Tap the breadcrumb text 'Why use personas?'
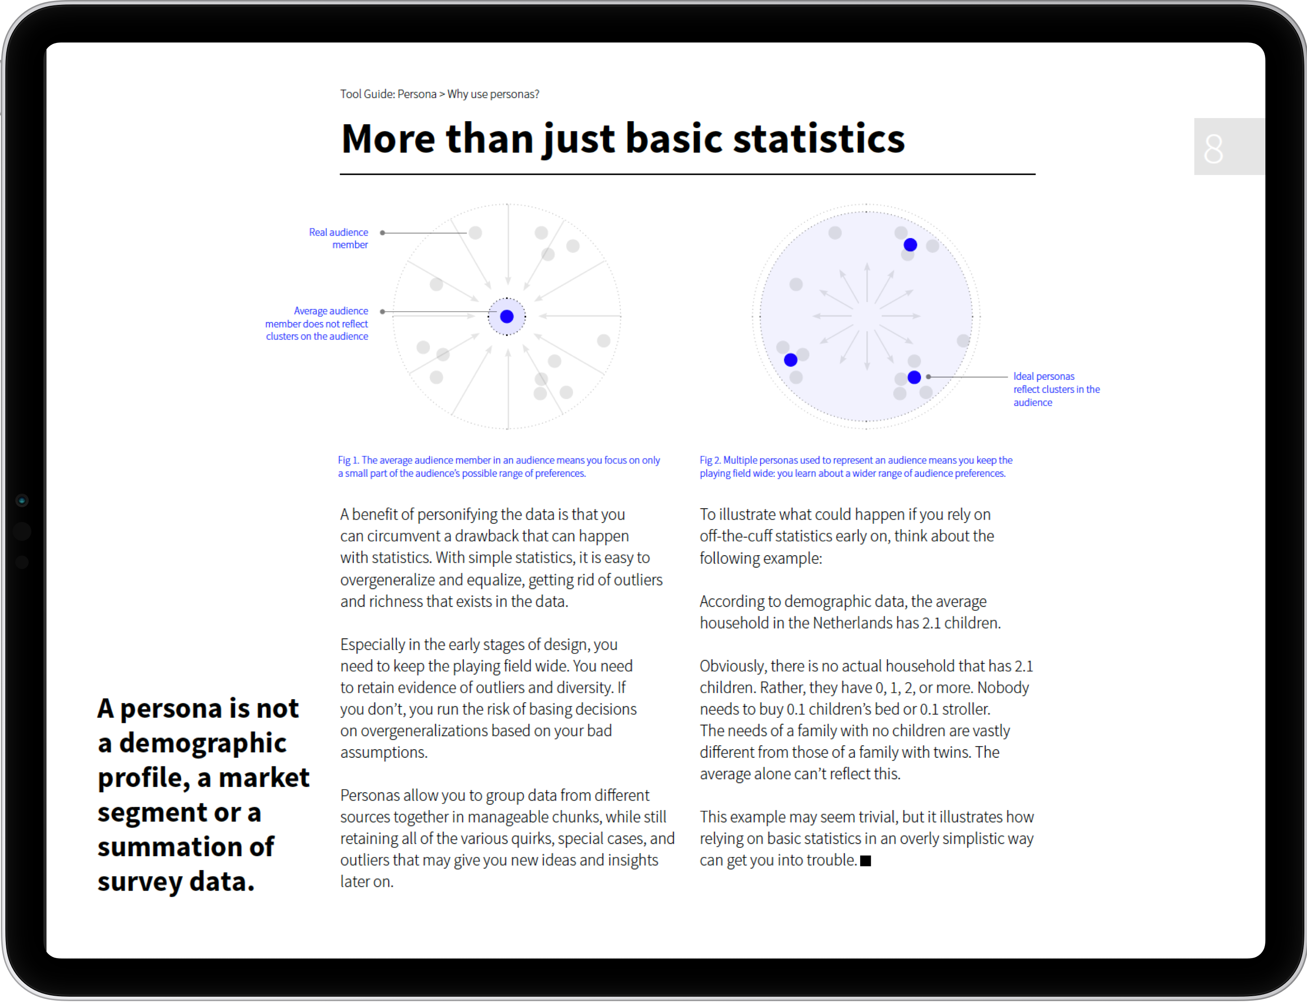click(493, 94)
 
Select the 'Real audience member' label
click(339, 238)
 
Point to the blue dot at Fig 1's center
click(507, 317)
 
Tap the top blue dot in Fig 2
click(910, 245)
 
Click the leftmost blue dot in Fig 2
click(791, 360)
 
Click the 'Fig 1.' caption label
click(348, 460)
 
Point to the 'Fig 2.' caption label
click(710, 460)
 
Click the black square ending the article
click(866, 861)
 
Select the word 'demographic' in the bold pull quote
click(202, 743)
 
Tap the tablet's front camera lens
click(22, 501)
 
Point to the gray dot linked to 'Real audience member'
click(475, 233)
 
